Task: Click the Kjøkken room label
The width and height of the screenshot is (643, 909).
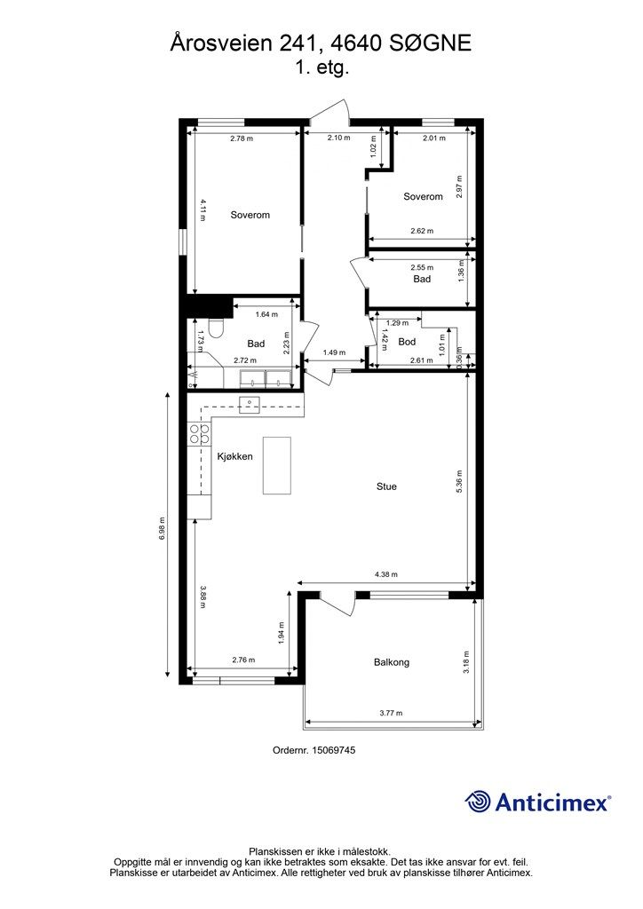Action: (234, 457)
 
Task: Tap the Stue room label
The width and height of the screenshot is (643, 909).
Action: (386, 486)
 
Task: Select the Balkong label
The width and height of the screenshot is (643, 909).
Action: (392, 662)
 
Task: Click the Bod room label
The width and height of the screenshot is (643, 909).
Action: (407, 342)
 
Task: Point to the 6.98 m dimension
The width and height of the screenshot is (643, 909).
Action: (162, 529)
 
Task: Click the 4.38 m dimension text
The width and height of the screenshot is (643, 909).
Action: (386, 574)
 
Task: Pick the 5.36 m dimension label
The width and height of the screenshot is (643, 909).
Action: (459, 482)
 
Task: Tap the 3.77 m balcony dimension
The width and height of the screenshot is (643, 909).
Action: (391, 713)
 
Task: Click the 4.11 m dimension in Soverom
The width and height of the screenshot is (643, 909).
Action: (202, 209)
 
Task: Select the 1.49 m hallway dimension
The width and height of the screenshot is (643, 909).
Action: (334, 352)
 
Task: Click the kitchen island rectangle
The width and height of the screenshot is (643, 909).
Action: (277, 465)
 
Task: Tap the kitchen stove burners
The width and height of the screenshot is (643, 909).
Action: (199, 434)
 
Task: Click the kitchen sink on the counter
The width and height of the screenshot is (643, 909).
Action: (250, 404)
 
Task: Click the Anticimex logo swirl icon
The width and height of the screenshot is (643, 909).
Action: (478, 802)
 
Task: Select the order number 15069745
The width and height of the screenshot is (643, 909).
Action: (333, 750)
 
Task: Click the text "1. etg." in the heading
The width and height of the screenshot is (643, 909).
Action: (321, 67)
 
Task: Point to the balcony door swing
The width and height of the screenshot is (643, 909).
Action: (338, 605)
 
